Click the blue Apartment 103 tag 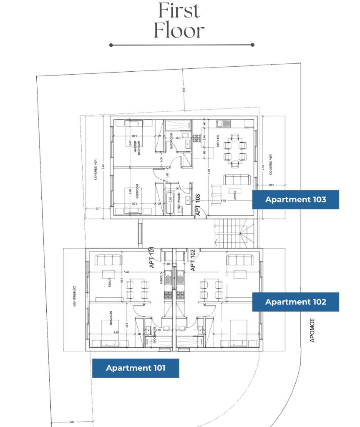(x=295, y=199)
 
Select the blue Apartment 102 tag (x=295, y=302)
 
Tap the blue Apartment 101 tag (x=135, y=368)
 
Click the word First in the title (x=179, y=11)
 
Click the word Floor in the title (x=179, y=30)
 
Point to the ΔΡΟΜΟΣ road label (x=312, y=331)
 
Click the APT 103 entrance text (x=199, y=205)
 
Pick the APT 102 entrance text (x=193, y=260)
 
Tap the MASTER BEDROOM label (x=138, y=148)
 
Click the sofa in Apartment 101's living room (x=108, y=260)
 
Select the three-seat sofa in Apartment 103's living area (x=237, y=180)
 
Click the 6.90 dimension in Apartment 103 (x=209, y=171)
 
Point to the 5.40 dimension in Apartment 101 (x=126, y=272)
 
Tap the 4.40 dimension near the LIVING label (x=223, y=201)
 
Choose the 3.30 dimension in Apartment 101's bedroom (x=116, y=333)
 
